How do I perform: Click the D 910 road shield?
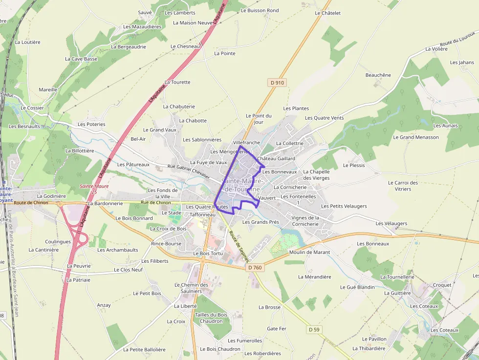tap(277, 83)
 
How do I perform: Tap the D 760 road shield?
tap(255, 267)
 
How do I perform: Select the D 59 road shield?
tap(314, 330)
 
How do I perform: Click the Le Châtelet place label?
tap(327, 13)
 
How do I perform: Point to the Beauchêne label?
tap(378, 75)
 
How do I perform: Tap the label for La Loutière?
tap(27, 42)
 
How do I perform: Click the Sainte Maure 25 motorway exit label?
tap(94, 189)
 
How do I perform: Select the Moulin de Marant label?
tap(309, 253)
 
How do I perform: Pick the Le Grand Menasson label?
tap(416, 137)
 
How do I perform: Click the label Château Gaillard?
tap(276, 159)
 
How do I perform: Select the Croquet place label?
tap(442, 285)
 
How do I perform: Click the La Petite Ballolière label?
tap(144, 350)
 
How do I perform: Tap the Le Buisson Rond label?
tap(262, 10)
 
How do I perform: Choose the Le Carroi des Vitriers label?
tap(403, 186)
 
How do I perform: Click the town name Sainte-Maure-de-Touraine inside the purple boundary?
tap(242, 185)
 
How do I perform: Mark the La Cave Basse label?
tap(81, 59)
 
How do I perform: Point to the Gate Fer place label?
tap(277, 329)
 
